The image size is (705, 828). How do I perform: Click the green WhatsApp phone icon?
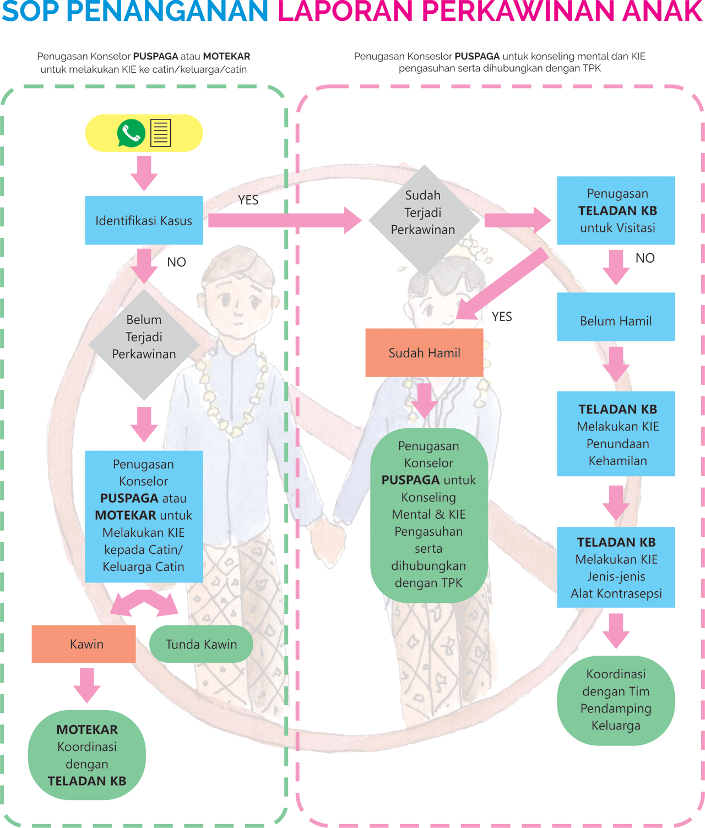click(131, 133)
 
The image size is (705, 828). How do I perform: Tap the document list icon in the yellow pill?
click(161, 133)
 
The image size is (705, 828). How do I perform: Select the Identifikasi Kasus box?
click(144, 220)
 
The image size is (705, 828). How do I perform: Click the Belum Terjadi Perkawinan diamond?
click(144, 337)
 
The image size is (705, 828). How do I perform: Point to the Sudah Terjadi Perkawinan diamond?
click(423, 213)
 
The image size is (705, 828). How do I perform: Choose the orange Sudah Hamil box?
click(424, 353)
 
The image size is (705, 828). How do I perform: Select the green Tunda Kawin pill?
click(201, 644)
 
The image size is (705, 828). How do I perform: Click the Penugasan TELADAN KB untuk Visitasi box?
click(616, 210)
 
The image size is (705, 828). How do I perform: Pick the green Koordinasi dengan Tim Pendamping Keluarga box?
click(616, 700)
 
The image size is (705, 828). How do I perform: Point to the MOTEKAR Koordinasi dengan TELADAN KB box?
click(87, 755)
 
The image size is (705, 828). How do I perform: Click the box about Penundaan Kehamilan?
click(616, 434)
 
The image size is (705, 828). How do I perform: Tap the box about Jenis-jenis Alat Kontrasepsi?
click(616, 567)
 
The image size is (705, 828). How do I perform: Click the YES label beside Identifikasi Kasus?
click(248, 200)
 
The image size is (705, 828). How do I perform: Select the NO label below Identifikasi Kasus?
click(176, 262)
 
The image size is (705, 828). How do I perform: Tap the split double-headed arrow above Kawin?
click(144, 602)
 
